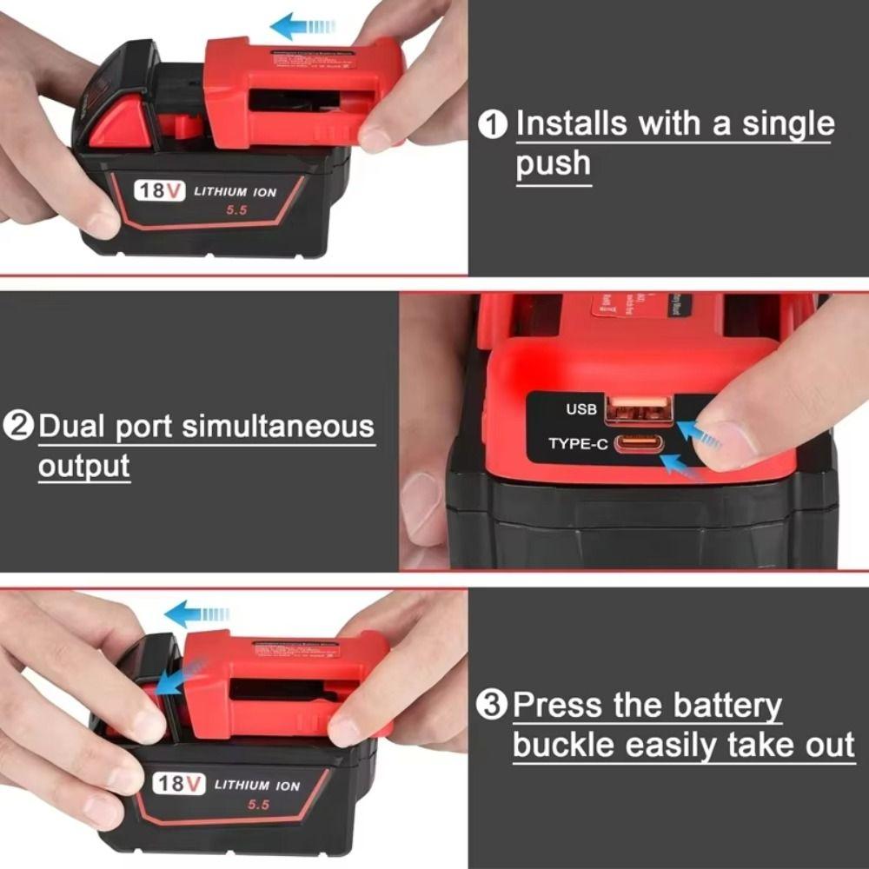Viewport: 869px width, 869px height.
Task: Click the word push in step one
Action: [553, 163]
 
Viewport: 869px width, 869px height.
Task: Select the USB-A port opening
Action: [638, 408]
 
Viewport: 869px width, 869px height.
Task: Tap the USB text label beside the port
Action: [581, 408]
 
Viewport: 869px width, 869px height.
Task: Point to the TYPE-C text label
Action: [576, 444]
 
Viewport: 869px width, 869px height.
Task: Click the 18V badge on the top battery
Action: [159, 189]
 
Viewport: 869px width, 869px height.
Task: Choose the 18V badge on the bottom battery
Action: [179, 784]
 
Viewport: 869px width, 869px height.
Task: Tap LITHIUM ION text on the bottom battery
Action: [257, 786]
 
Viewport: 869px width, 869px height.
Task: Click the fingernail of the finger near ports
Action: [726, 441]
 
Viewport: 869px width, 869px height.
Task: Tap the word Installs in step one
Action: [572, 124]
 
